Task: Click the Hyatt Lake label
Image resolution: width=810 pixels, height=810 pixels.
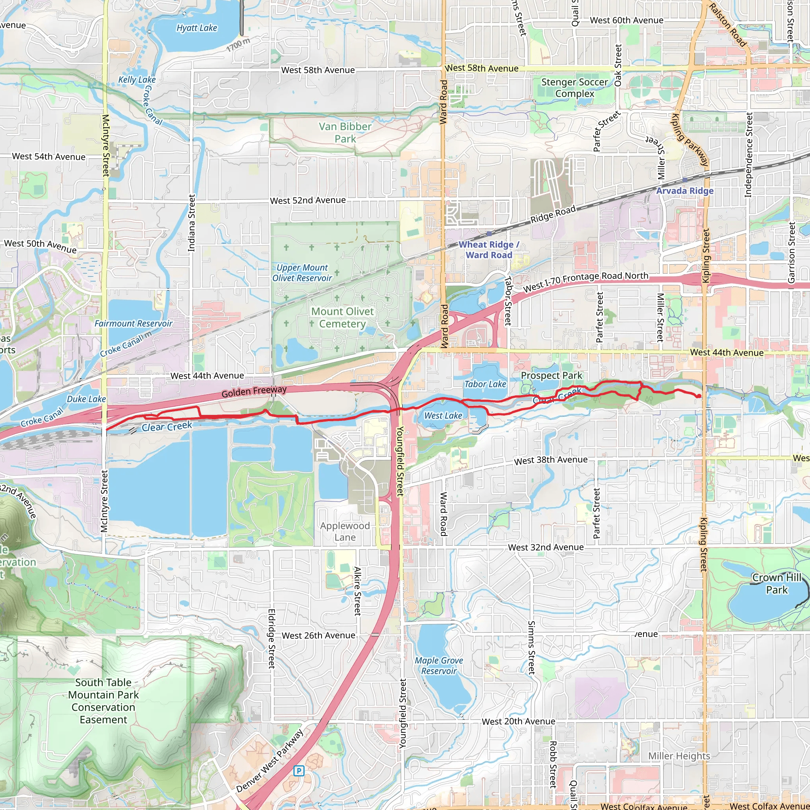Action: [x=197, y=28]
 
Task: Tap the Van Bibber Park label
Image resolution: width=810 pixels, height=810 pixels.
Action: [x=345, y=132]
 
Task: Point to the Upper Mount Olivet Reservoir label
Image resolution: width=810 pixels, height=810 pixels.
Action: [x=302, y=273]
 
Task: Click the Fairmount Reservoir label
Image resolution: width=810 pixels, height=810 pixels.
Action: [x=133, y=323]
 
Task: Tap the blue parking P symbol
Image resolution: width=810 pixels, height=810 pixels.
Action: [x=299, y=770]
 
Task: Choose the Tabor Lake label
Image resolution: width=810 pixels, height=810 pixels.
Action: [x=485, y=384]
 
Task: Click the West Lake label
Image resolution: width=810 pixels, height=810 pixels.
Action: [x=443, y=416]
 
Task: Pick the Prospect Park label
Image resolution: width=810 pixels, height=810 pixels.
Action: [x=551, y=376]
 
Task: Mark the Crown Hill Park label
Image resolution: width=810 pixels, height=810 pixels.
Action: [x=777, y=584]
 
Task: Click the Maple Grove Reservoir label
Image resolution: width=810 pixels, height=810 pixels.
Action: [x=439, y=665]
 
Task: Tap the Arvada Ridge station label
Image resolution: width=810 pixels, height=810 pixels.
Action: [x=685, y=191]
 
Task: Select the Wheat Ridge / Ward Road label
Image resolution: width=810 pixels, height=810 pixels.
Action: [x=489, y=250]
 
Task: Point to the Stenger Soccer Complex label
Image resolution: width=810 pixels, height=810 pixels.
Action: [x=574, y=88]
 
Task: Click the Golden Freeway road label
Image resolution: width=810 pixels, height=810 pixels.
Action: [x=254, y=391]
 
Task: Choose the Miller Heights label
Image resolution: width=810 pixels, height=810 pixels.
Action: [x=679, y=756]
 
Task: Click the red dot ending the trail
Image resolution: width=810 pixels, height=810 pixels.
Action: [x=699, y=396]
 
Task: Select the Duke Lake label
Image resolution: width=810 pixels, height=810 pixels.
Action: [x=86, y=399]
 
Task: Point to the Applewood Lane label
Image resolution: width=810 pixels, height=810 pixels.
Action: [x=345, y=531]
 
